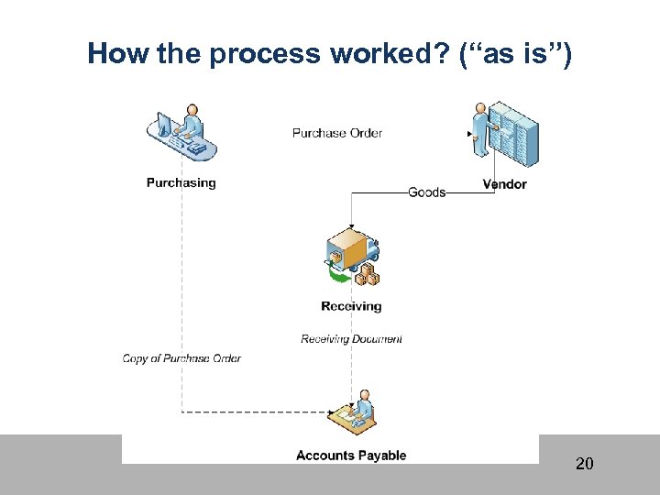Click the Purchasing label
[181, 183]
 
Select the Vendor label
[504, 184]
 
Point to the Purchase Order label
[336, 133]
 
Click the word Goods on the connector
[426, 192]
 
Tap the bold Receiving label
[351, 306]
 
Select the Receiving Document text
[351, 339]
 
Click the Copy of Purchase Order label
[181, 358]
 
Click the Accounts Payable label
[351, 456]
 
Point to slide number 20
[584, 464]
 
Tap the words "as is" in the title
[518, 55]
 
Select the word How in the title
[118, 55]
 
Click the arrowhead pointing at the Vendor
[470, 134]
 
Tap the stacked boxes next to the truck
[368, 274]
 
